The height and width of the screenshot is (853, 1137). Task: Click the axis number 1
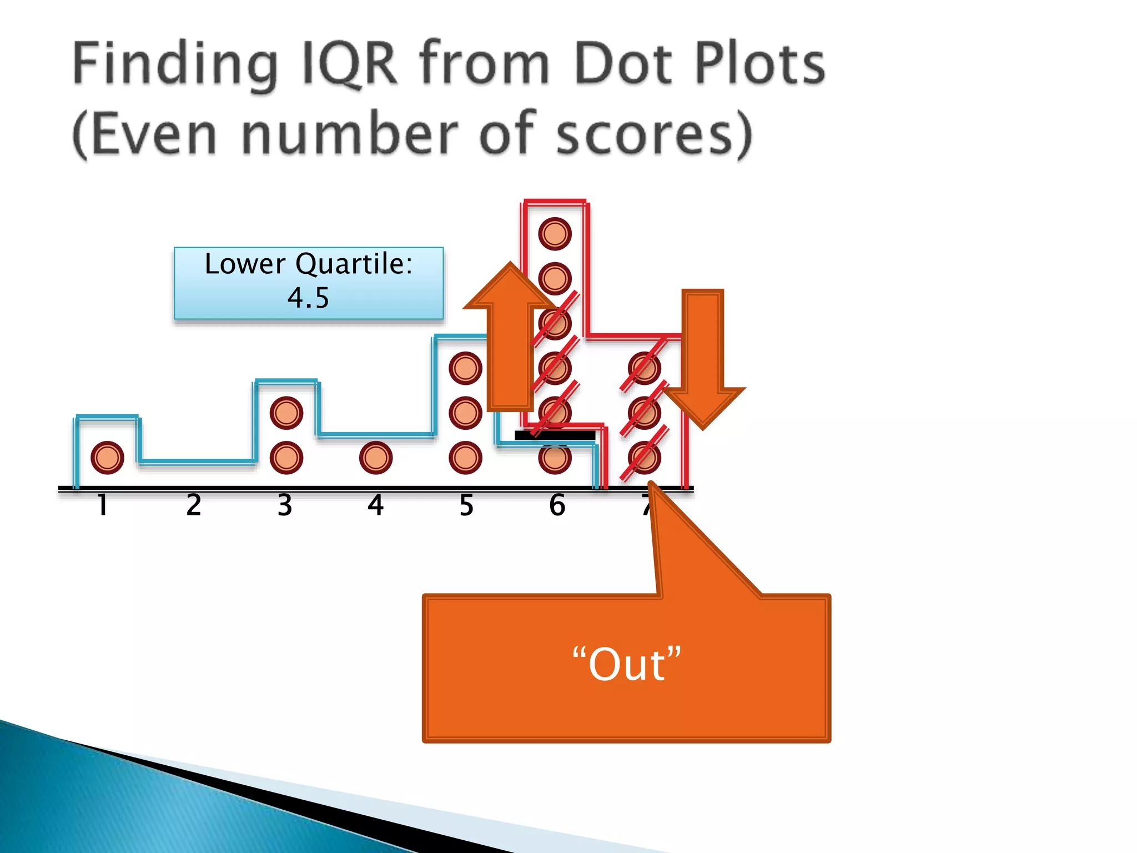point(102,505)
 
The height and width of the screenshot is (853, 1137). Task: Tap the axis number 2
point(194,505)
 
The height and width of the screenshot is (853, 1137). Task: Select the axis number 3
point(285,505)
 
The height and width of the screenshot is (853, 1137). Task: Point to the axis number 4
point(376,505)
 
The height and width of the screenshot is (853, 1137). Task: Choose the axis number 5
point(466,505)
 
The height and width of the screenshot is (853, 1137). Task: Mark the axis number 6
point(557,505)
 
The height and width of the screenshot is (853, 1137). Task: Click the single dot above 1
point(107,458)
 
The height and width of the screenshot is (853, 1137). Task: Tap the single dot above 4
point(376,458)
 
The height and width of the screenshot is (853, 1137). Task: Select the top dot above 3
point(286,413)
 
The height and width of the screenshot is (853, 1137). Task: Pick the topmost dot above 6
point(555,234)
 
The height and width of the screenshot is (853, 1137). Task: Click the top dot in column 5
point(465,368)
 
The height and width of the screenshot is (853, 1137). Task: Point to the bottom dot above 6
point(555,458)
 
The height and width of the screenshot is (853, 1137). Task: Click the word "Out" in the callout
point(627,664)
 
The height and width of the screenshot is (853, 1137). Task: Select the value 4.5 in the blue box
point(308,298)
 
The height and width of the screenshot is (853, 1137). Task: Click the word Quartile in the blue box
point(354,264)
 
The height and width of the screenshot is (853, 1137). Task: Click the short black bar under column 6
point(555,436)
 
